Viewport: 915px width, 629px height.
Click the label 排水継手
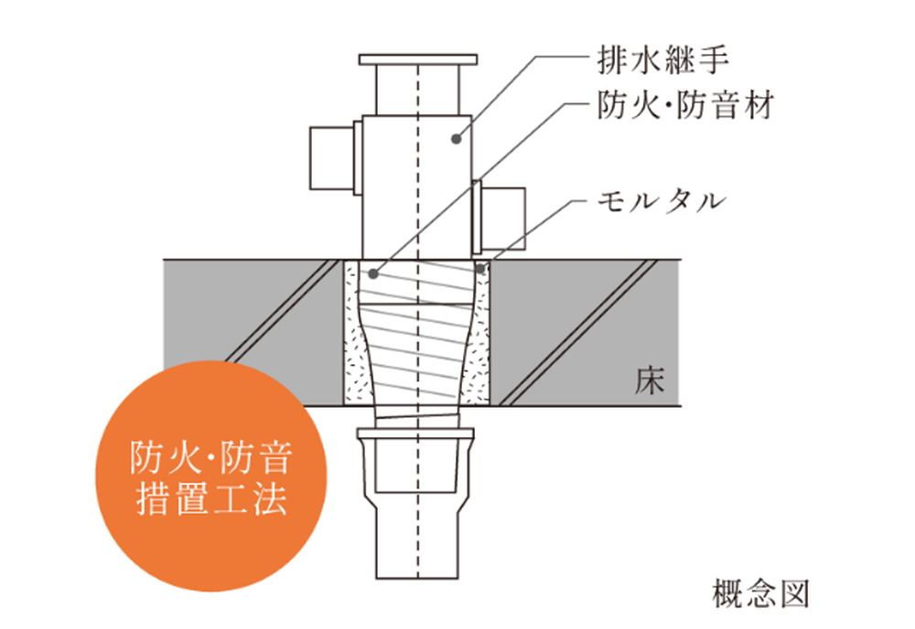coord(662,60)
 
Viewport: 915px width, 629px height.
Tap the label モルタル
coord(662,202)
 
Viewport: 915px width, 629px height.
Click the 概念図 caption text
coord(760,593)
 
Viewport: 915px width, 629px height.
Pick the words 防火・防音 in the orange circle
coord(210,458)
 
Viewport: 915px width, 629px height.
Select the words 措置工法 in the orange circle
coord(212,498)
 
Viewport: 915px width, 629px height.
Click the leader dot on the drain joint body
coord(457,139)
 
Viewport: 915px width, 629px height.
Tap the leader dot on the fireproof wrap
coord(373,272)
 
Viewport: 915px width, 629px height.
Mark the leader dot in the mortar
coord(480,269)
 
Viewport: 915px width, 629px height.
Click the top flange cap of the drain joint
coord(418,59)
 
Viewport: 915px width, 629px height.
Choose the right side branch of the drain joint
coord(499,217)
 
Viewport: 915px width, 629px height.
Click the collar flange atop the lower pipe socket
coord(415,433)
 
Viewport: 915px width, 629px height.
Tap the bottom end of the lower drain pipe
coord(416,579)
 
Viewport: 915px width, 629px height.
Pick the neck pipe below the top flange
coord(418,90)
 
